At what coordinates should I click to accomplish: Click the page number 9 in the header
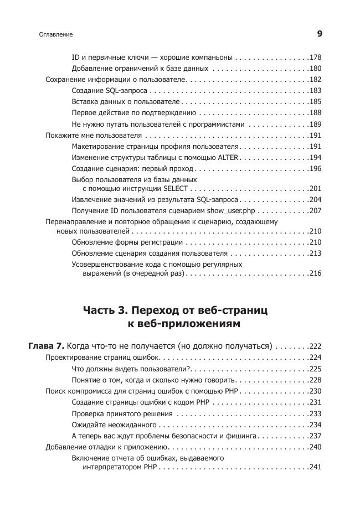(320, 34)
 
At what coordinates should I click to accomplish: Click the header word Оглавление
(56, 35)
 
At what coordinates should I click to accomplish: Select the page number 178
(316, 58)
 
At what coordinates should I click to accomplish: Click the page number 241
(316, 467)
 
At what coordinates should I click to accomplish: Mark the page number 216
(316, 273)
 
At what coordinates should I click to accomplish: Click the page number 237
(316, 436)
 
